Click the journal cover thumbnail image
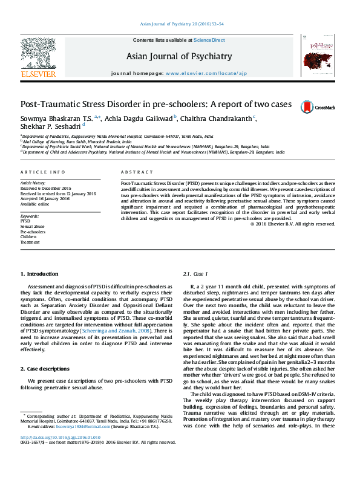click(x=314, y=56)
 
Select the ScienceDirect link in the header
click(x=209, y=40)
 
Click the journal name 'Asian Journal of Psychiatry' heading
click(x=179, y=57)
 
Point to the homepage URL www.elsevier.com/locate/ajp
click(x=206, y=73)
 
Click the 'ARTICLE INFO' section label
click(x=42, y=172)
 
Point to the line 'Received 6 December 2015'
click(x=46, y=188)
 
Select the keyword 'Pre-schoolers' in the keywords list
click(x=33, y=232)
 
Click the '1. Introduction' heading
click(x=39, y=274)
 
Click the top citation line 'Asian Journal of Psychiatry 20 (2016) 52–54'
click(x=182, y=24)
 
